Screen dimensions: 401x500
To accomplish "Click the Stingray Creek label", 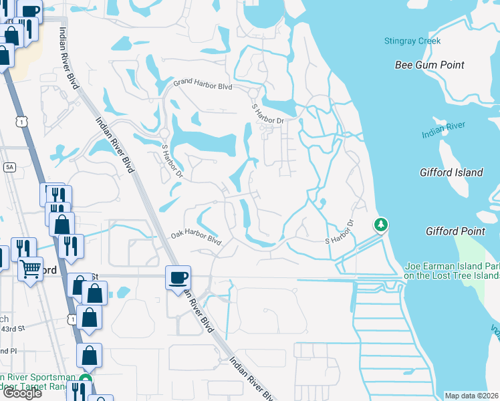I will click(412, 41).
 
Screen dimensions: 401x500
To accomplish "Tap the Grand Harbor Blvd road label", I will click(203, 86).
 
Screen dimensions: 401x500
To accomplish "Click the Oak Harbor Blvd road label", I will click(195, 237).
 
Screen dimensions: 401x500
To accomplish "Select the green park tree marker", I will click(381, 225).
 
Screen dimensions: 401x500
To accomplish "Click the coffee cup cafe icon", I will click(178, 277).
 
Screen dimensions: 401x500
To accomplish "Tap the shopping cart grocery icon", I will click(30, 268).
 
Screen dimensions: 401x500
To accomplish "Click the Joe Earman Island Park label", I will click(452, 270).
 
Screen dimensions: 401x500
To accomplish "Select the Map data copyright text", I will click(472, 396).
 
